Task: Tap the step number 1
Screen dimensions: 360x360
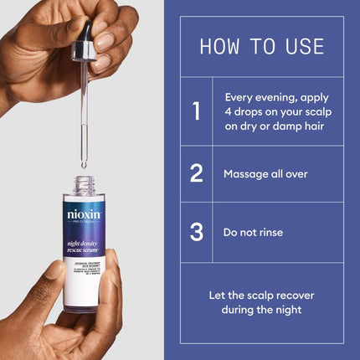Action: click(196, 111)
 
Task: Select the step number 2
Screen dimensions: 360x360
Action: click(196, 173)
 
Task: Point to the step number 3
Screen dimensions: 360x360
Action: click(196, 232)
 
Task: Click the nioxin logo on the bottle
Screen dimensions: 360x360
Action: click(83, 214)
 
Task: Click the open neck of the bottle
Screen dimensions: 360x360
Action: click(84, 183)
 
